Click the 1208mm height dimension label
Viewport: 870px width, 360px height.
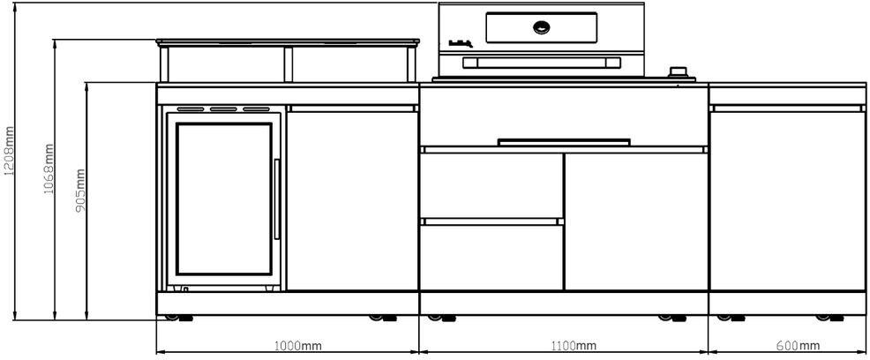click(x=10, y=151)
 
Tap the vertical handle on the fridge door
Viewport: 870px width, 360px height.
click(x=278, y=198)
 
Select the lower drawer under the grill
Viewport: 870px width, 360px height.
click(x=491, y=256)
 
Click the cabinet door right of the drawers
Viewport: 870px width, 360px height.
click(x=635, y=221)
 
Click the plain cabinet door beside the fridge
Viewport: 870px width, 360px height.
click(x=352, y=199)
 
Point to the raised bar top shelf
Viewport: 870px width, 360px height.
click(x=287, y=41)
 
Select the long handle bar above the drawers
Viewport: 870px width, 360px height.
click(x=564, y=140)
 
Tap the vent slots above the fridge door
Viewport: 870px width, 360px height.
click(x=224, y=110)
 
